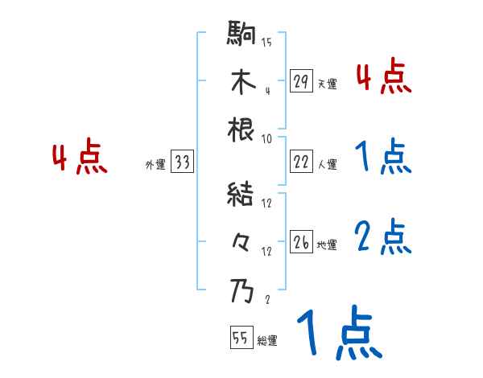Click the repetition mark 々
[x=242, y=241]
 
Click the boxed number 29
[x=301, y=81]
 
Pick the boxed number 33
[x=181, y=163]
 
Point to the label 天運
[x=327, y=83]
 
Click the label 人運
[x=327, y=164]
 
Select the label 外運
[x=155, y=165]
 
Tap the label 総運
[x=267, y=340]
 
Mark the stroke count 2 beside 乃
[x=266, y=299]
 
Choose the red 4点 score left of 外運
[x=80, y=158]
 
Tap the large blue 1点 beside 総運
[x=338, y=333]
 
